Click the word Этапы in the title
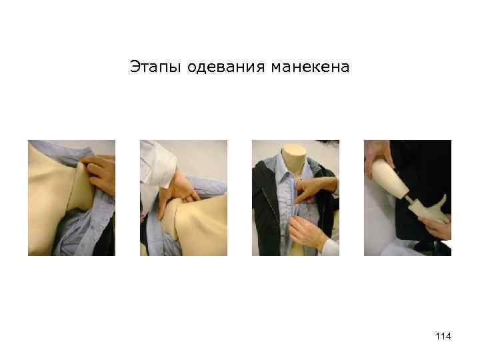tap(155, 67)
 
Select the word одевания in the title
tap(225, 67)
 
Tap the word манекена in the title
tap(310, 67)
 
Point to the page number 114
tap(443, 336)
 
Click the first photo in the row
tap(71, 198)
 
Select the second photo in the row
tap(184, 198)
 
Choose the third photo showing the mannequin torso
tap(296, 198)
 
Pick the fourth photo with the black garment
tap(407, 198)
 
